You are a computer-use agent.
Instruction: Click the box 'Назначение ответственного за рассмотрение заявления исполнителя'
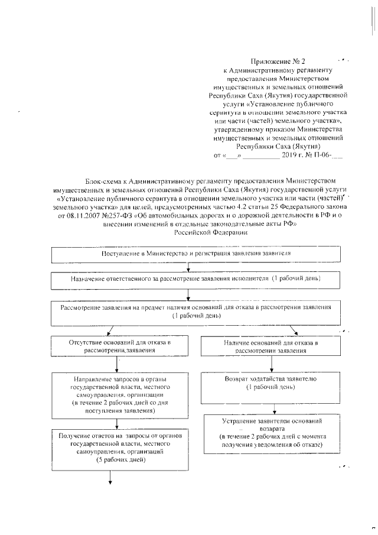[188, 278]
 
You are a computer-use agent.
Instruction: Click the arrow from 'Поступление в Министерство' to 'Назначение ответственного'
[188, 267]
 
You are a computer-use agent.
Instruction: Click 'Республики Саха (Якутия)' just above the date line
[278, 146]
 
